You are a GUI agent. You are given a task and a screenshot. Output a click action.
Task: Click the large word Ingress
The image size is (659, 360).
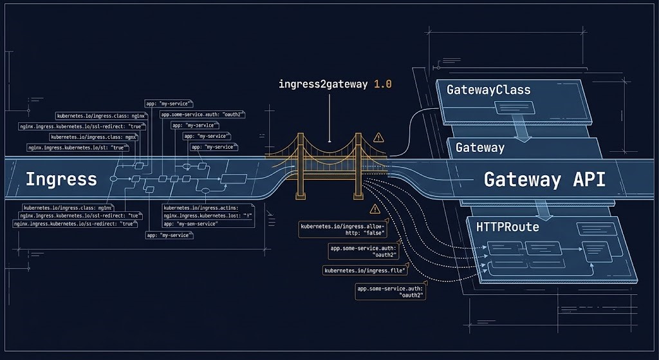click(x=61, y=178)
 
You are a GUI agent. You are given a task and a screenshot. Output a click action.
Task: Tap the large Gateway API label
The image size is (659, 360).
click(x=544, y=179)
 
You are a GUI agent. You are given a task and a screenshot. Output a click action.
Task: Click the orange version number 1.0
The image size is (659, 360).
click(x=383, y=84)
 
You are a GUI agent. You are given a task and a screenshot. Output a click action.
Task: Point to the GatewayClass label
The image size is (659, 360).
click(x=488, y=90)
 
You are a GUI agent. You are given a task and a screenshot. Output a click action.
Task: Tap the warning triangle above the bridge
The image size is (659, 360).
click(x=378, y=137)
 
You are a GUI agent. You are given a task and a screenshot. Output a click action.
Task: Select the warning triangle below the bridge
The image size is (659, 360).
click(x=375, y=209)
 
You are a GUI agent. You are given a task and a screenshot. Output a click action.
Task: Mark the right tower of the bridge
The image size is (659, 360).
click(x=358, y=164)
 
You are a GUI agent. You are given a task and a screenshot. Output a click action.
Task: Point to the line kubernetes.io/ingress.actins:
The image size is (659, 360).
click(x=201, y=208)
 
